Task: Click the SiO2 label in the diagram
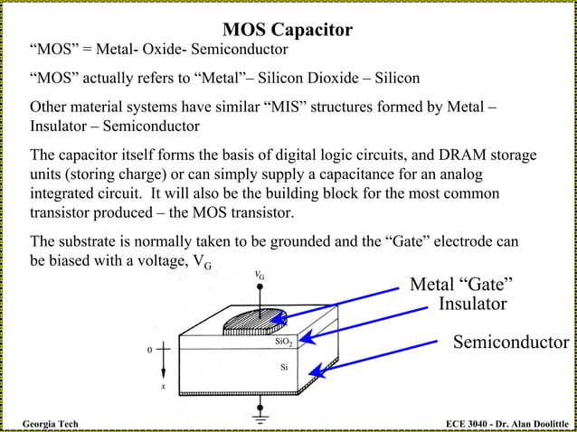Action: click(283, 343)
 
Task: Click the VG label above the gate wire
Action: click(260, 275)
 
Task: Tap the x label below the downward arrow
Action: click(163, 387)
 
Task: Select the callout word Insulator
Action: click(472, 305)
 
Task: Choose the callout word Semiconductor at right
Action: click(510, 342)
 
